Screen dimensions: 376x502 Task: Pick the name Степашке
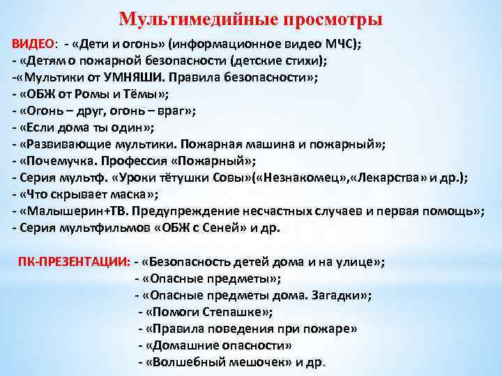click(x=231, y=312)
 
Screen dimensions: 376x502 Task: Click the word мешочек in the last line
click(x=252, y=361)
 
